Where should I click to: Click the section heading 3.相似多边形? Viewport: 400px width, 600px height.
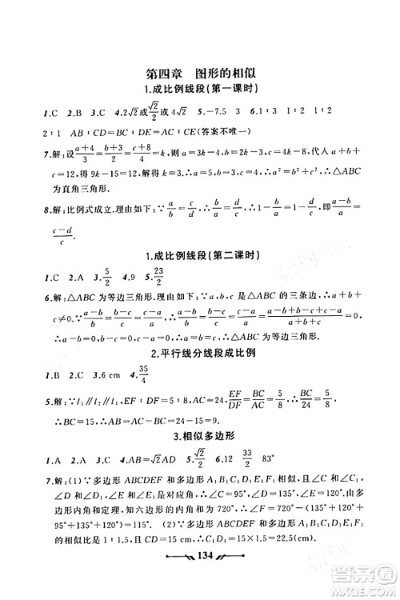pos(200,462)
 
